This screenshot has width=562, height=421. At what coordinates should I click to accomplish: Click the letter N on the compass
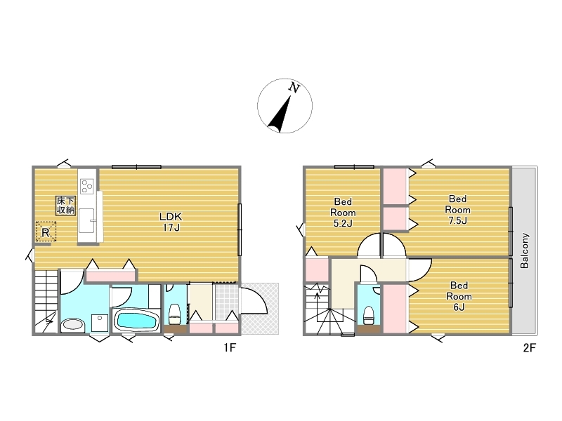pos(294,88)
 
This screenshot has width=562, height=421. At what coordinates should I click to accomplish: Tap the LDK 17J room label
pos(171,222)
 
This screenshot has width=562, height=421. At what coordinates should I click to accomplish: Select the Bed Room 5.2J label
pos(343,213)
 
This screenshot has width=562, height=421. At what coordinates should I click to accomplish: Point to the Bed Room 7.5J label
pos(458,209)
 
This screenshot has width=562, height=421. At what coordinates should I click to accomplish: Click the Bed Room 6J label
pos(459,296)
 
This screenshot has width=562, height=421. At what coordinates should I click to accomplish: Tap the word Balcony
pos(524,250)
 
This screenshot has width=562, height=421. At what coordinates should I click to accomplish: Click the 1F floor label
pos(230,347)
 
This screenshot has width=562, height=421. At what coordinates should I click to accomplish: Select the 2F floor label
pos(530,347)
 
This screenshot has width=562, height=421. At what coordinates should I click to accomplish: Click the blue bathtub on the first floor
pos(136,320)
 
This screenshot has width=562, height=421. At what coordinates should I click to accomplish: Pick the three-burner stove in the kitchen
pos(87,186)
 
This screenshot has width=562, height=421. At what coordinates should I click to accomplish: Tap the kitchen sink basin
pos(86,221)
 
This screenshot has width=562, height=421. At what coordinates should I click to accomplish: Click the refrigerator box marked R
pos(46,232)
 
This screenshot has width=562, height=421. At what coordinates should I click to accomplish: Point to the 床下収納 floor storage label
pos(65,205)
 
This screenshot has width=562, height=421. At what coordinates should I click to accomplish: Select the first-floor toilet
pos(175,313)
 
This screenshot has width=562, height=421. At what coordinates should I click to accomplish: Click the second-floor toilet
pos(368,315)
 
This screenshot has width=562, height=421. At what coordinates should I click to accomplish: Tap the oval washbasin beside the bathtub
pos(73,324)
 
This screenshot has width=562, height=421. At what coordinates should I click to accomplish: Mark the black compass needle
pos(280,114)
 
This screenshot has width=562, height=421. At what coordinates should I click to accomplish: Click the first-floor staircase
pos(46,302)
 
